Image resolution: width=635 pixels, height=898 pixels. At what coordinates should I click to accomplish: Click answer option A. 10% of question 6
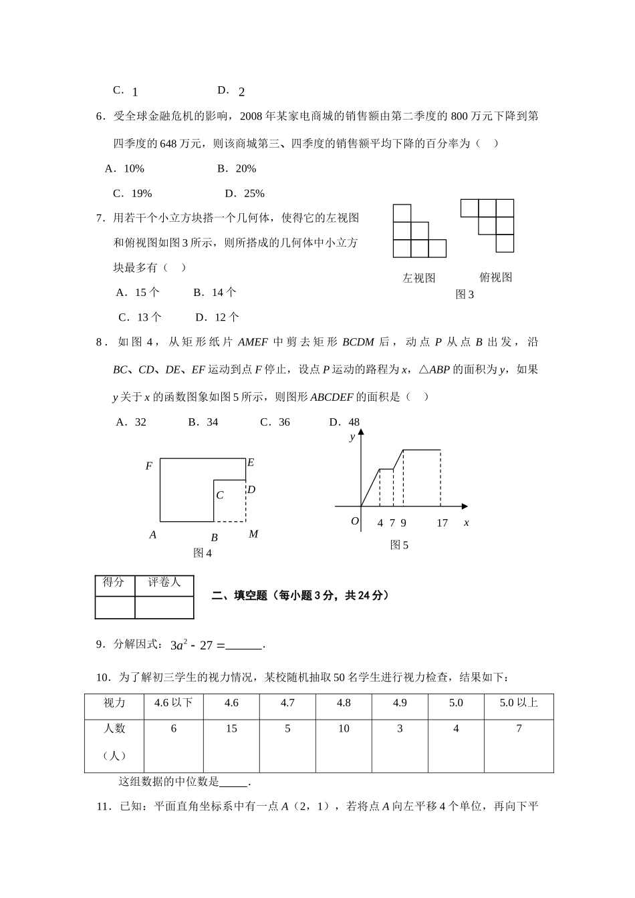click(124, 169)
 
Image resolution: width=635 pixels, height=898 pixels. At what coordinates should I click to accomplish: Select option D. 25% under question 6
click(245, 194)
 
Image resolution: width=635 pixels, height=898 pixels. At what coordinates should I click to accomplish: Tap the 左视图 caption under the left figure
click(418, 278)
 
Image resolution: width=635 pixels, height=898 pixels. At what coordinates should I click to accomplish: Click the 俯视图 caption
click(495, 277)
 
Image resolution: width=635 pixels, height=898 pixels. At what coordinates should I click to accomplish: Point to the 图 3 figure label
click(464, 295)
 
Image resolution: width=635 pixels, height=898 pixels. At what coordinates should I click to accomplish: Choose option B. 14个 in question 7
click(215, 292)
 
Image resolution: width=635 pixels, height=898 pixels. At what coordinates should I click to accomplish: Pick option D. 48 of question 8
click(344, 422)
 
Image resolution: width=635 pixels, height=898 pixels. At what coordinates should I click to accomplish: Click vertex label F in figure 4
click(149, 466)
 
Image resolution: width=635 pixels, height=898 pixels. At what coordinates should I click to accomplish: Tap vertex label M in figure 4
click(253, 534)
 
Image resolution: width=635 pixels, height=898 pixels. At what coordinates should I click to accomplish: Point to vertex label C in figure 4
click(219, 495)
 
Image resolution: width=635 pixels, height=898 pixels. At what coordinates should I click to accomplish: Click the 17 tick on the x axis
click(442, 523)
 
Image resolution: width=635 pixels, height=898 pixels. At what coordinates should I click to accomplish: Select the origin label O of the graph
click(355, 521)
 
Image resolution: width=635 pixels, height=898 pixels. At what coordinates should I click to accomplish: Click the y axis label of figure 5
click(352, 437)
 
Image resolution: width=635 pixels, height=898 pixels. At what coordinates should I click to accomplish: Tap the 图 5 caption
click(399, 545)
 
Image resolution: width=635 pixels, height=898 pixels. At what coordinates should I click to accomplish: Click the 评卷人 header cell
click(164, 583)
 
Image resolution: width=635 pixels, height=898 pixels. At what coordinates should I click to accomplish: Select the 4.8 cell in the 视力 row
click(344, 703)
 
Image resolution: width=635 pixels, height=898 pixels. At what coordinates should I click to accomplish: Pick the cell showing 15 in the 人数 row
click(231, 728)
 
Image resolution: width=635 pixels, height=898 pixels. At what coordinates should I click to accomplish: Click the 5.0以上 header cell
click(519, 703)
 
